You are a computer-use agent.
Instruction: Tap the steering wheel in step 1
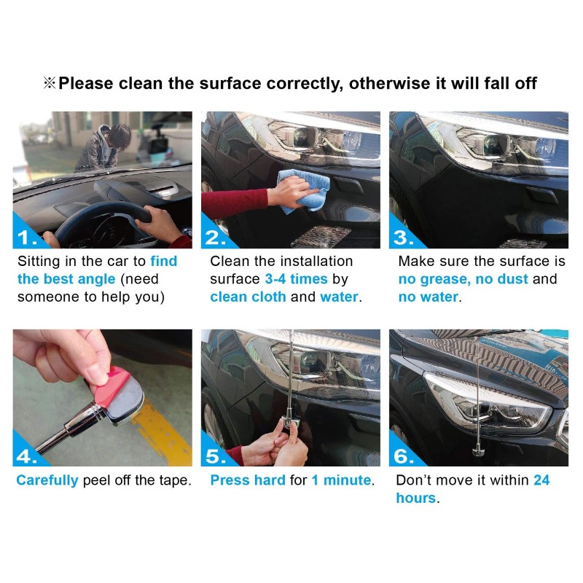[x=109, y=219]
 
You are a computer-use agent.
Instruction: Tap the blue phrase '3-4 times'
[x=288, y=279]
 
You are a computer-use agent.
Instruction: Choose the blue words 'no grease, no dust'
[x=469, y=279]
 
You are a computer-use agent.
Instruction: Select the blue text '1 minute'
[x=341, y=480]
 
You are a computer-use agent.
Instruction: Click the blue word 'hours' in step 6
[x=415, y=498]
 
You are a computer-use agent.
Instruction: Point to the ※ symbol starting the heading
[x=50, y=83]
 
